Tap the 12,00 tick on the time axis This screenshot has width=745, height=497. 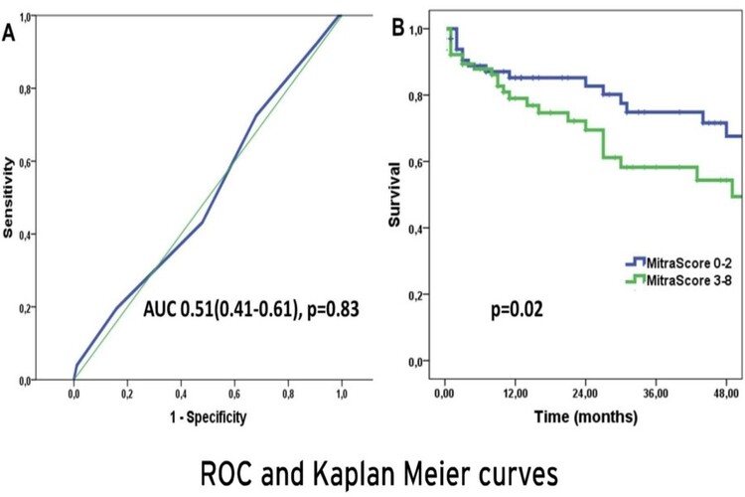coord(515,393)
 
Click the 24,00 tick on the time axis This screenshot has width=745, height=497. coord(586,393)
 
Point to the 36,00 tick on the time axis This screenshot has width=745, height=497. coord(658,393)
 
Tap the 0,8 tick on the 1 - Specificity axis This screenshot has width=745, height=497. coord(287,393)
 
